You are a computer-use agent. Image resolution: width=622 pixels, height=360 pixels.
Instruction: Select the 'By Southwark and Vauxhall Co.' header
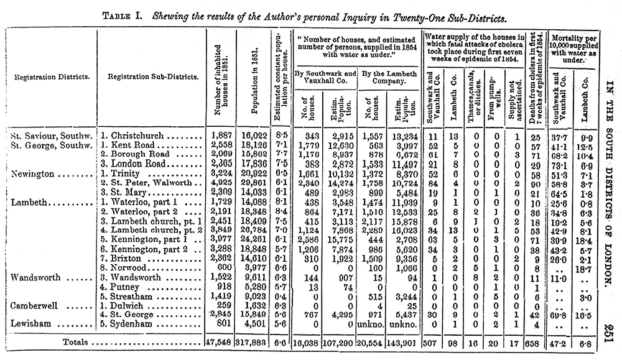323,77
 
